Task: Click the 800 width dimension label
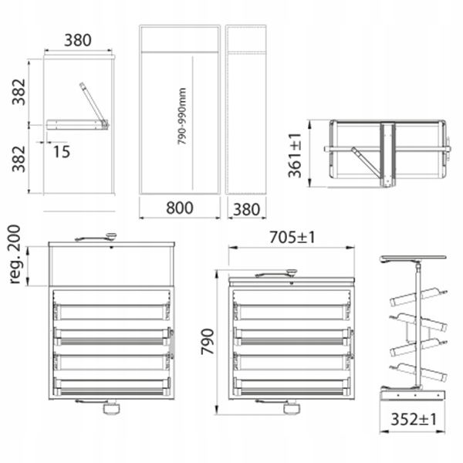click(x=180, y=208)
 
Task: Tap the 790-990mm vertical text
click(x=182, y=116)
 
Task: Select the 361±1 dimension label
click(x=295, y=156)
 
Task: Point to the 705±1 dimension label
click(x=292, y=238)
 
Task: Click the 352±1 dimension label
click(x=413, y=419)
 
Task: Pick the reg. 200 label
click(x=15, y=255)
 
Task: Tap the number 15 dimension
click(x=62, y=151)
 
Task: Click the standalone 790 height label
click(x=207, y=342)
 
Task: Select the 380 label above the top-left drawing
click(x=78, y=40)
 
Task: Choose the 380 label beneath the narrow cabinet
click(x=247, y=210)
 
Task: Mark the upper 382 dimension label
click(x=19, y=92)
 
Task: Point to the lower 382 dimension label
click(x=19, y=159)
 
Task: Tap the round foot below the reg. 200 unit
click(x=112, y=409)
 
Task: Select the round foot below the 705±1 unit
click(x=292, y=409)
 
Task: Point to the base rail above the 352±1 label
click(x=413, y=395)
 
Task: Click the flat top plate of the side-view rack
click(x=413, y=259)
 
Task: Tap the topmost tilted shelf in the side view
click(x=419, y=296)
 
